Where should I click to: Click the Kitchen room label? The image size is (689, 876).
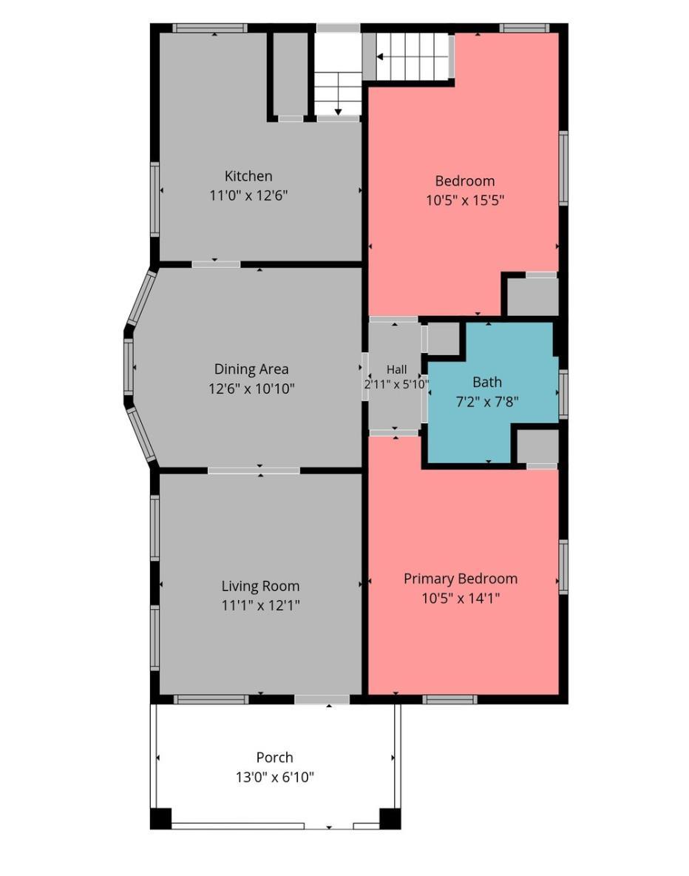(248, 176)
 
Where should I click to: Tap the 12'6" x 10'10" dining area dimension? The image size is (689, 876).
(252, 389)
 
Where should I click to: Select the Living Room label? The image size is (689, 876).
(261, 586)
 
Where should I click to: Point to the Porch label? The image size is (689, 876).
(275, 758)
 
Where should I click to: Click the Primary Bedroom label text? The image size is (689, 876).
(461, 579)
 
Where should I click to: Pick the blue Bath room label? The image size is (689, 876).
(487, 382)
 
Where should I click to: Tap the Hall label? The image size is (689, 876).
(396, 369)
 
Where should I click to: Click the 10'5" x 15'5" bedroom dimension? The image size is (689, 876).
(465, 201)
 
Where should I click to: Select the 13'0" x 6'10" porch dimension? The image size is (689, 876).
(275, 777)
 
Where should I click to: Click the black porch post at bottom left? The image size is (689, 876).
(161, 818)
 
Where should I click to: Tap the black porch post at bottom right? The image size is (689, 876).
(390, 818)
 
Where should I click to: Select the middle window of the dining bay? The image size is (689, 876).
(129, 366)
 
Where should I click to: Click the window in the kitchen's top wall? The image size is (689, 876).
(209, 28)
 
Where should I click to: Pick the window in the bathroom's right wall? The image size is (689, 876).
(563, 394)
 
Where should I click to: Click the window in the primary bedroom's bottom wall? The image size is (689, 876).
(449, 699)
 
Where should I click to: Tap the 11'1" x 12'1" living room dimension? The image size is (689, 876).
(261, 605)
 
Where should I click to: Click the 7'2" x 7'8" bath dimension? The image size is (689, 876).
(487, 402)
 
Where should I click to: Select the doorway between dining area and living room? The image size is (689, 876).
(254, 471)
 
